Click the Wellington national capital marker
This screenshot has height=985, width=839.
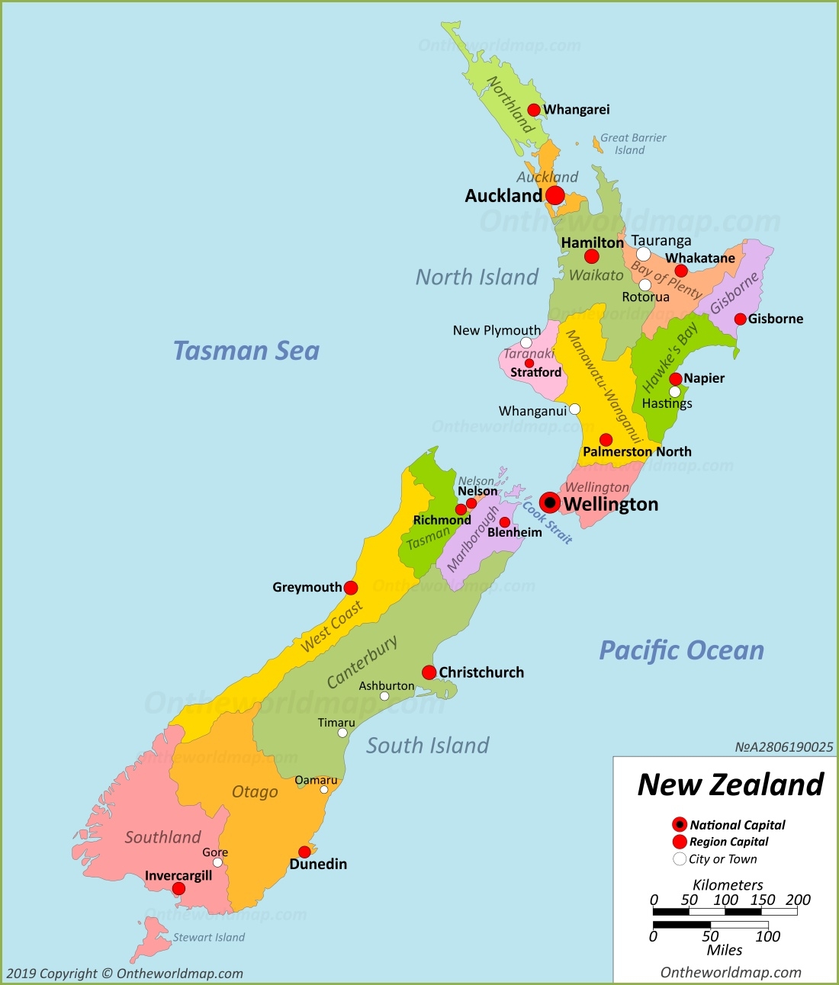[549, 502]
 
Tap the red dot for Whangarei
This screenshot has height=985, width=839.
[534, 110]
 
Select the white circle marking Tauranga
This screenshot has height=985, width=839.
[643, 254]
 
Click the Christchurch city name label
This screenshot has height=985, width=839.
[481, 672]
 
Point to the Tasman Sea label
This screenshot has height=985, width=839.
[246, 351]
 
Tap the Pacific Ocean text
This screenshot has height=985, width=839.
[681, 650]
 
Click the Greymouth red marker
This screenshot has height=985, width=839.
[351, 588]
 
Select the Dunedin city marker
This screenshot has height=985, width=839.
[304, 852]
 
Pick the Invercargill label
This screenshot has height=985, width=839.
[178, 875]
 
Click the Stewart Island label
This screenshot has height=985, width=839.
[208, 937]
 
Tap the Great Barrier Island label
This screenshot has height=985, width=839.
[632, 144]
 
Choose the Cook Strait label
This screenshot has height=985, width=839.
[547, 522]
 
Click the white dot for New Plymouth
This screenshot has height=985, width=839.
[526, 342]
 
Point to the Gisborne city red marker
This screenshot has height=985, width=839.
[740, 319]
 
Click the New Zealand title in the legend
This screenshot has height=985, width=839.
[730, 784]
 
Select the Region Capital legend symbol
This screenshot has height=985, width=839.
[680, 842]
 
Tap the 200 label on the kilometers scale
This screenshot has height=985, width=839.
[798, 900]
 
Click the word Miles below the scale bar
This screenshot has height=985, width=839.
[724, 950]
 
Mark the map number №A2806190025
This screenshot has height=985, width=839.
[783, 747]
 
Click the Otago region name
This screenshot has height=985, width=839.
[255, 792]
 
